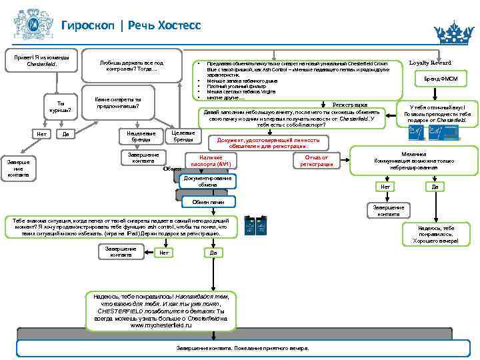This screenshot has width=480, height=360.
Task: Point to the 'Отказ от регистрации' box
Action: (x=316, y=160)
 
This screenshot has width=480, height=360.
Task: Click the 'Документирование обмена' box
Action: (x=207, y=181)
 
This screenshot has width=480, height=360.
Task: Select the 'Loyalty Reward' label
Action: (x=429, y=63)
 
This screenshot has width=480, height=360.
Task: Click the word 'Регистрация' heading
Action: (x=349, y=105)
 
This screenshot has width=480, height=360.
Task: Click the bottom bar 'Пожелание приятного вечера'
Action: (x=242, y=349)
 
